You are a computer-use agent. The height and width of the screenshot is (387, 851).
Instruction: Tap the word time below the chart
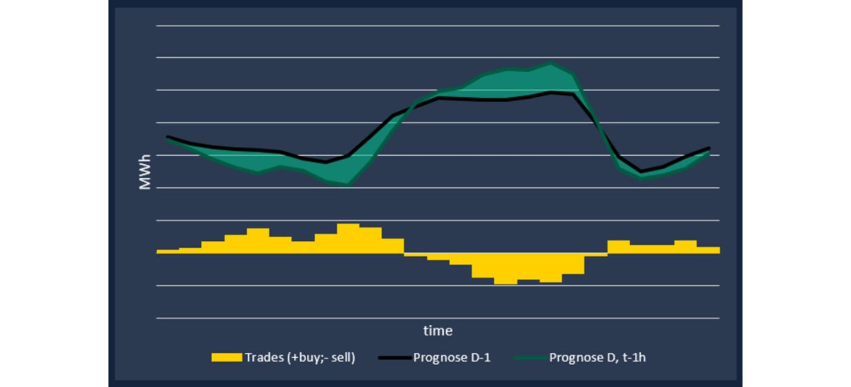[x=438, y=331]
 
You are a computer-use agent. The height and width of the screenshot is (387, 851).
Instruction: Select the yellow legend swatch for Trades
[x=226, y=358]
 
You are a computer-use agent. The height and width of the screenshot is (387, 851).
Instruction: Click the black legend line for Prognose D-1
[x=393, y=358]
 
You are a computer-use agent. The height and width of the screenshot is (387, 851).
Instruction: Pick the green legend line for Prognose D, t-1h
[x=529, y=358]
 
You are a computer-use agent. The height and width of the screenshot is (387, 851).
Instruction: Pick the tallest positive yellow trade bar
[x=348, y=238]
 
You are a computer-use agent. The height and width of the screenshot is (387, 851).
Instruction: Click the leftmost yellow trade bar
[x=167, y=251]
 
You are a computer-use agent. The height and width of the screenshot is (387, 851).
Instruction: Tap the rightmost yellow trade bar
[x=708, y=249]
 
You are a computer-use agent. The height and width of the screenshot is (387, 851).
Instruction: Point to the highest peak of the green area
[x=551, y=64]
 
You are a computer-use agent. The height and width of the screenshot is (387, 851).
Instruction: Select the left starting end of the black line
[x=168, y=137]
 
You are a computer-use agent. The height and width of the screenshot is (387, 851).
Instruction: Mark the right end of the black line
[x=709, y=148]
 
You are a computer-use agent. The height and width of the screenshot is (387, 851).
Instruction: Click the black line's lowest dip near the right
[x=641, y=172]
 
